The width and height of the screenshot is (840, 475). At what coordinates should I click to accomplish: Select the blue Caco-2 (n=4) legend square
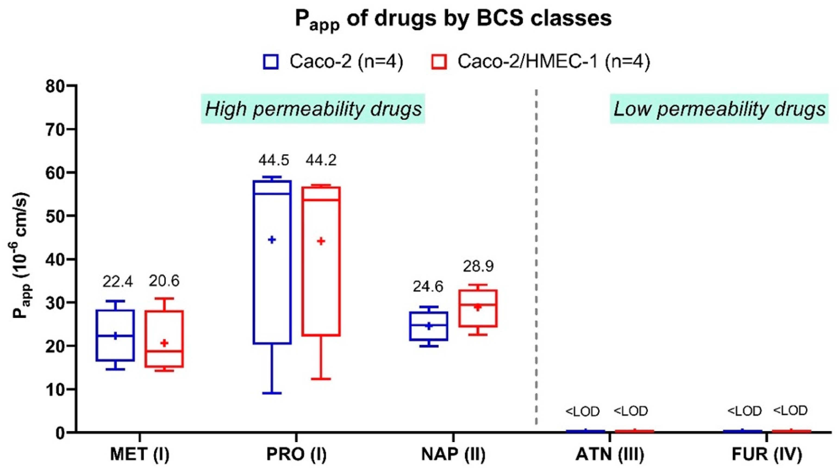click(x=271, y=62)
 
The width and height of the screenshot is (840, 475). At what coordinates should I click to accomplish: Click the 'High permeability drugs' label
click(x=313, y=109)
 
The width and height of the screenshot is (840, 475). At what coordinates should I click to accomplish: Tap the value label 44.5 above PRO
click(x=274, y=160)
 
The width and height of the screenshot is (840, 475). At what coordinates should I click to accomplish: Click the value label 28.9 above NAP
click(x=478, y=266)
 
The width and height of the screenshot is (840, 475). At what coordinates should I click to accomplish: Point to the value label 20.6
click(x=164, y=281)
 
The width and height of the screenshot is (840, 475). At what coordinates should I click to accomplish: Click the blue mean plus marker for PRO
click(x=272, y=240)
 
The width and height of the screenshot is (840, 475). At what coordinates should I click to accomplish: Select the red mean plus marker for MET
click(x=164, y=343)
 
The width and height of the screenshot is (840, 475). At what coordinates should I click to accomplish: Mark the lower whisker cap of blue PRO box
click(x=272, y=393)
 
